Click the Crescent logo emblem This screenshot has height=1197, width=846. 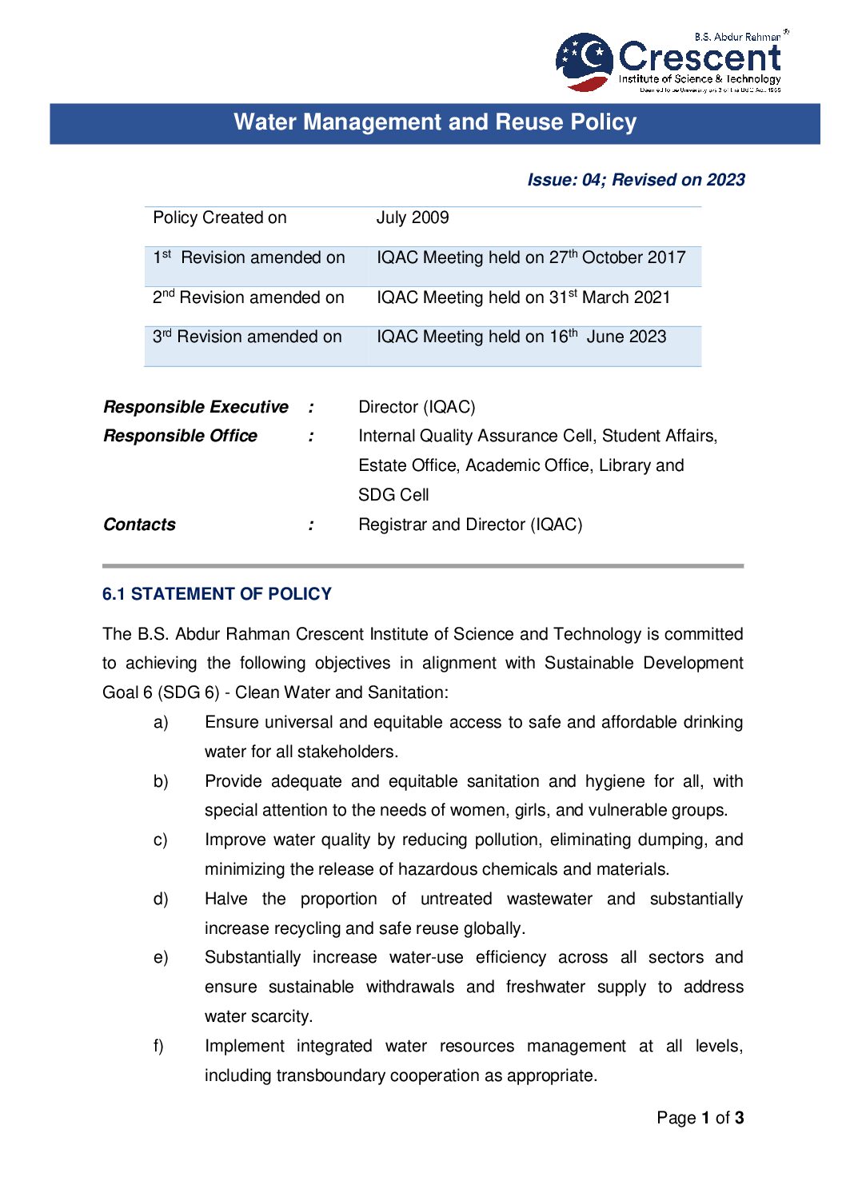point(584,61)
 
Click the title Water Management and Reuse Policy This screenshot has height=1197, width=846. point(435,122)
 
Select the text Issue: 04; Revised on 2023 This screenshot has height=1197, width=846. point(636,180)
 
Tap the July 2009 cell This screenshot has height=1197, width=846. point(413,217)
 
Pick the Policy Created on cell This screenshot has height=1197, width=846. point(220,217)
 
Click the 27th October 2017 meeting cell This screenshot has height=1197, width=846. point(531,257)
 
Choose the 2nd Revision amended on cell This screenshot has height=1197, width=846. point(249,297)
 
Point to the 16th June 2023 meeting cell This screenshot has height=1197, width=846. point(521,337)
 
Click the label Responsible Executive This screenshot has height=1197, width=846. point(196,407)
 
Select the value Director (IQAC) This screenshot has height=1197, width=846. point(417,407)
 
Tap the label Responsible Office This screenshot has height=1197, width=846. point(181,436)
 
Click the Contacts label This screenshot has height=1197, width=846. point(140,525)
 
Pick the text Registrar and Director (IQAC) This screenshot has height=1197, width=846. point(470,525)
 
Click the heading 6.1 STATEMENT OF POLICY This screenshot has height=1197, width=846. point(217,594)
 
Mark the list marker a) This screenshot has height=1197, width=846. point(161,722)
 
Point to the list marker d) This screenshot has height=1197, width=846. point(161,899)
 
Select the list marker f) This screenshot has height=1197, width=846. point(158,1046)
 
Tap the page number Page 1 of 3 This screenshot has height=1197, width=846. point(700,1118)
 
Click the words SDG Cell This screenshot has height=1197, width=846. point(393,495)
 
